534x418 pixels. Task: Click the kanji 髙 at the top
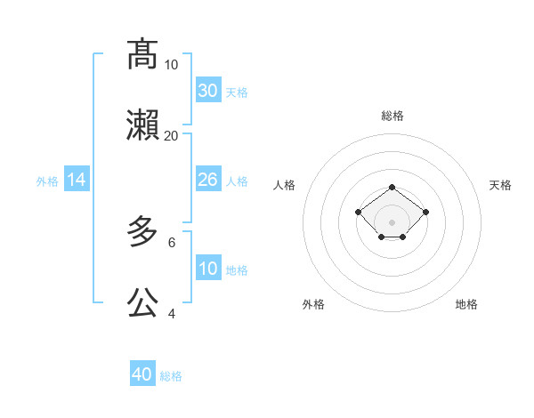(142, 54)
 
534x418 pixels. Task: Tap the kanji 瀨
(142, 125)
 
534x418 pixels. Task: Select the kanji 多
(142, 232)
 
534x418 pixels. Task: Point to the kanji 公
(142, 303)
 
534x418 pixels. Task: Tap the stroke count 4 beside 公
(171, 313)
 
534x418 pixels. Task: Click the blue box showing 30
(207, 91)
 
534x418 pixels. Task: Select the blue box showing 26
(207, 180)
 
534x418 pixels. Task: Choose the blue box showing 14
(77, 180)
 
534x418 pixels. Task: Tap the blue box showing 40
(142, 374)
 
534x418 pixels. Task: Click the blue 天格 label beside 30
(237, 92)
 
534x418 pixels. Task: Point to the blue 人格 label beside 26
(237, 181)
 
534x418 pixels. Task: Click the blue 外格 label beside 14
(47, 181)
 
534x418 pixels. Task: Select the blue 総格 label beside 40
(171, 376)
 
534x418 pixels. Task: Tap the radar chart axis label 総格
(392, 116)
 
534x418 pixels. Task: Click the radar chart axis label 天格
(501, 185)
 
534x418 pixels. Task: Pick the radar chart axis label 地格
(466, 304)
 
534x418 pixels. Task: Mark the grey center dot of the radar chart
(392, 221)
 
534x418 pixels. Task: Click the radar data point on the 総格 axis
(392, 187)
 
